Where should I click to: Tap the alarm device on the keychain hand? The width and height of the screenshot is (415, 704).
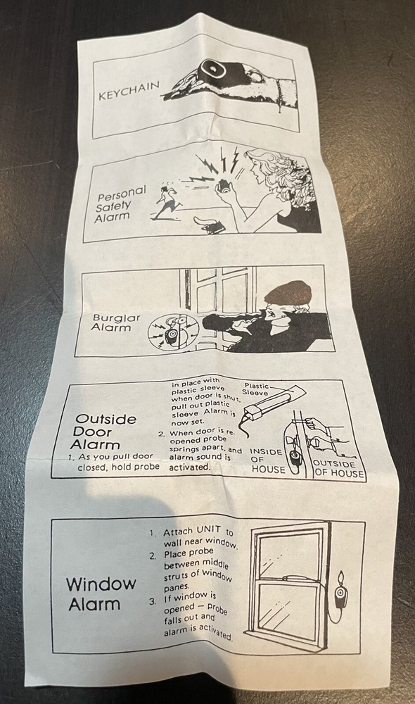click(211, 69)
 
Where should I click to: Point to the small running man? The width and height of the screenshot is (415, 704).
click(167, 203)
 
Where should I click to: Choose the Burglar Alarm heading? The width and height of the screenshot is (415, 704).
click(110, 322)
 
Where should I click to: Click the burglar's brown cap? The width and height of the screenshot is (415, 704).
click(288, 292)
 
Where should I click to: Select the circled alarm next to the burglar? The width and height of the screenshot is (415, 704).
click(173, 333)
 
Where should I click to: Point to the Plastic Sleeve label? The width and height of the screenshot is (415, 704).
click(256, 389)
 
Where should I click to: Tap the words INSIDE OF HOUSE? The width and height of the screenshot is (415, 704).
click(267, 460)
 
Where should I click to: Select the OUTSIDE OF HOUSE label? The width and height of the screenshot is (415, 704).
click(338, 468)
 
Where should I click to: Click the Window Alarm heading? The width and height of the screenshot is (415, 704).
click(101, 593)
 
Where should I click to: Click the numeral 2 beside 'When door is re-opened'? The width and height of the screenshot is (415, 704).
click(162, 434)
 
